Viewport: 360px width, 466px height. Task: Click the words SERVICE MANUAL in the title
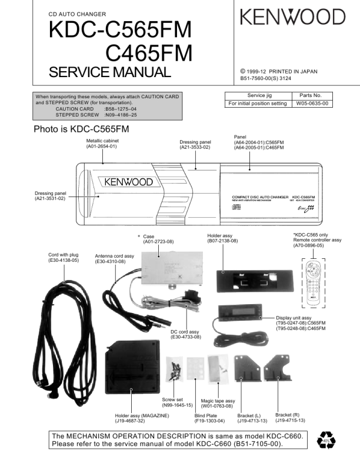(110, 72)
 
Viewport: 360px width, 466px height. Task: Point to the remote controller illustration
(314, 284)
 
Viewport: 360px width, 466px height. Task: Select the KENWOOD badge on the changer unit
(126, 182)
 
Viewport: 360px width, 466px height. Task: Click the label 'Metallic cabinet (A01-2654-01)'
(102, 144)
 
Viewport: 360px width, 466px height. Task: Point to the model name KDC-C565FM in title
(121, 31)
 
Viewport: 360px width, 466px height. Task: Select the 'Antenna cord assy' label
(114, 256)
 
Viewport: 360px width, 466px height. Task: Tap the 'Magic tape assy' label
(218, 401)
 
